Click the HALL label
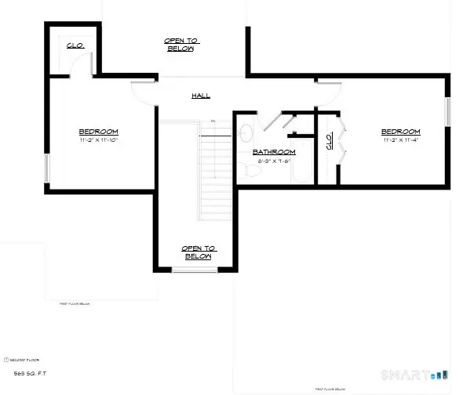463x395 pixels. (x=200, y=96)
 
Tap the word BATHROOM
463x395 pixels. (x=273, y=151)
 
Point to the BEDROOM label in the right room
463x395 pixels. (x=400, y=132)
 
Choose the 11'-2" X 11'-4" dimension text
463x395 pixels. (x=400, y=141)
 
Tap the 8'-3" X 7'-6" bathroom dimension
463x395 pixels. (x=273, y=161)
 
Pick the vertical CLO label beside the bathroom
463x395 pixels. (x=328, y=142)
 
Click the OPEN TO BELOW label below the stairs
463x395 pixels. (x=198, y=252)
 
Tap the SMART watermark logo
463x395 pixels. (x=408, y=374)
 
